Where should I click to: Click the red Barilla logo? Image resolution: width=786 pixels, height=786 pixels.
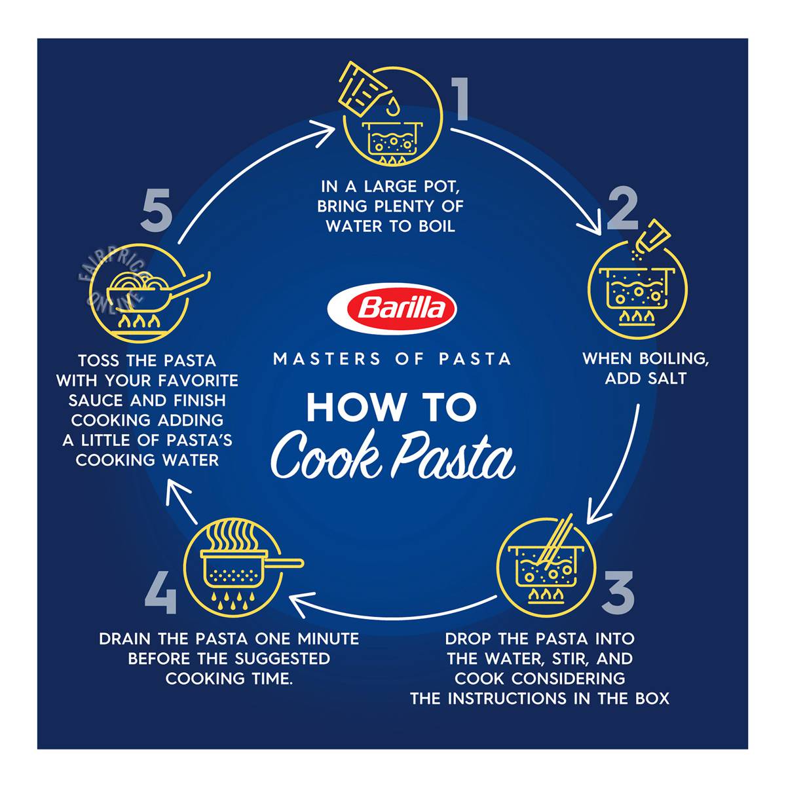click(392, 309)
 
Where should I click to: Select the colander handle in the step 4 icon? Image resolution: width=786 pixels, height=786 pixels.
click(285, 563)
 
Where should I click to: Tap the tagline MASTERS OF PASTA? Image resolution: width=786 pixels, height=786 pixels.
click(392, 359)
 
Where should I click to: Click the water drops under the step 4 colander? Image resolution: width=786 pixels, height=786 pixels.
click(232, 600)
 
